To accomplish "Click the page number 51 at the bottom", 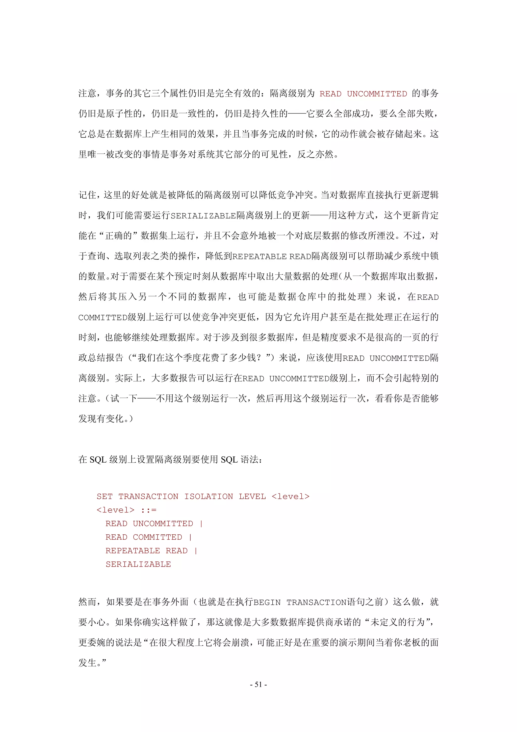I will pyautogui.click(x=258, y=684).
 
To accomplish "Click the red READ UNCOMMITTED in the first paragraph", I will pyautogui.click(x=363, y=94).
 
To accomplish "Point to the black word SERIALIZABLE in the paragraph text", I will pyautogui.click(x=203, y=216).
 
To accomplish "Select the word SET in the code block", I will pyautogui.click(x=105, y=497).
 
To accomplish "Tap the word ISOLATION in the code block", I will pyautogui.click(x=209, y=497).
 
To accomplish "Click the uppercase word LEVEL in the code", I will pyautogui.click(x=252, y=497).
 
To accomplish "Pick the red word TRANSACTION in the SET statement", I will pyautogui.click(x=148, y=497).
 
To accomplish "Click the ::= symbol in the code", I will pyautogui.click(x=149, y=510).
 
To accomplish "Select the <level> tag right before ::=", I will pyautogui.click(x=115, y=510).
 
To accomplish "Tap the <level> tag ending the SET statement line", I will pyautogui.click(x=291, y=497).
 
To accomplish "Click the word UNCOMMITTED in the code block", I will pyautogui.click(x=163, y=524).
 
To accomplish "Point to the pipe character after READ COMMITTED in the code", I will pyautogui.click(x=190, y=537).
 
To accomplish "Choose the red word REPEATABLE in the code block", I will pyautogui.click(x=133, y=551).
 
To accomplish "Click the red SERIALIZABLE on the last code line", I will pyautogui.click(x=138, y=564).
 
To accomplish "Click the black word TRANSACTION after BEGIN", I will pyautogui.click(x=316, y=602).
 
